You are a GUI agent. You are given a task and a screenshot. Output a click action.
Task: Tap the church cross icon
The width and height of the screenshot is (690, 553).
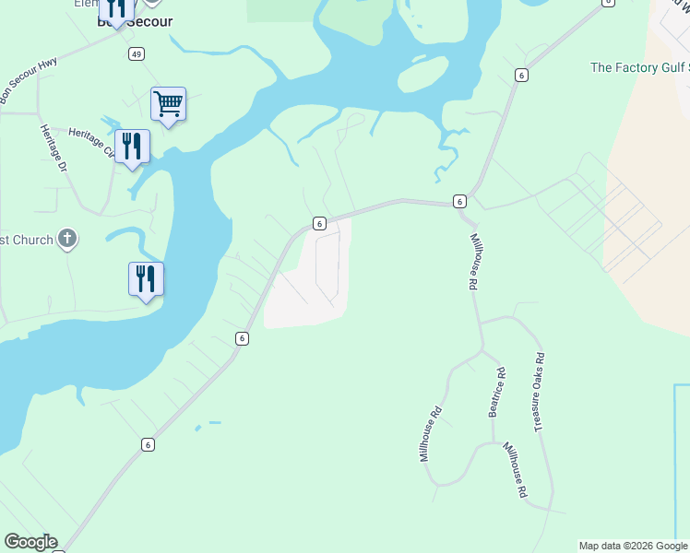(66, 240)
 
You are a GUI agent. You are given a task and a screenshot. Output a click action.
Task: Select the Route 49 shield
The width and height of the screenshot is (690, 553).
(137, 54)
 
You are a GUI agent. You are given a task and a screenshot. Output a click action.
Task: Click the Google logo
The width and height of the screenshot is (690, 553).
(30, 542)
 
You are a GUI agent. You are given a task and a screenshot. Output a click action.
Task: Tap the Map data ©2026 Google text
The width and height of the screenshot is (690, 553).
(634, 546)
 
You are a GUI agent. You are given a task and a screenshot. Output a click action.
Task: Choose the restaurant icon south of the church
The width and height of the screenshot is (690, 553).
(146, 278)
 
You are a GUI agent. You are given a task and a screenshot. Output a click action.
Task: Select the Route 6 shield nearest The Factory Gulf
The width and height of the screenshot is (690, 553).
(521, 75)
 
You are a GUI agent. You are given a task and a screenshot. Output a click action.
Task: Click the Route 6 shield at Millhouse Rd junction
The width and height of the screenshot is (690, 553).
(458, 201)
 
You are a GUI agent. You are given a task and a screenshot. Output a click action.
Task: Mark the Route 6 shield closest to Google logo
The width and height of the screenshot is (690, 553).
(148, 444)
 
